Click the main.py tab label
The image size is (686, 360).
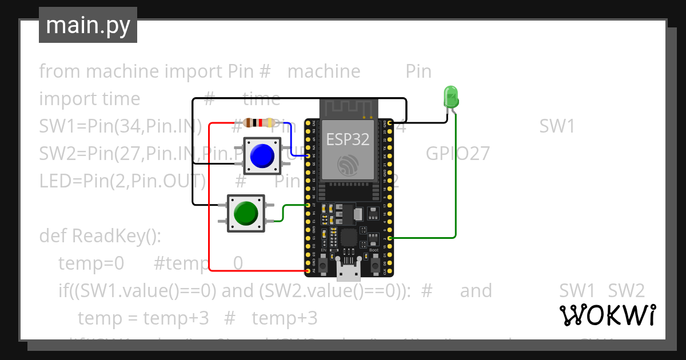(x=87, y=25)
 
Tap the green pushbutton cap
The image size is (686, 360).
(x=246, y=213)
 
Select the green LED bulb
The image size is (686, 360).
(x=450, y=95)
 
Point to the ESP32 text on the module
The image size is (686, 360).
(x=348, y=139)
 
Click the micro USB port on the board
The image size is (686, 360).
(x=349, y=271)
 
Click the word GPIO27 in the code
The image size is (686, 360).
(x=457, y=154)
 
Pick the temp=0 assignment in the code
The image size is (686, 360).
(x=91, y=263)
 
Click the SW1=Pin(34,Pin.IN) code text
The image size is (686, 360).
(x=120, y=126)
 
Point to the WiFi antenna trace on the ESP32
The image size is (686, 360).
(x=348, y=108)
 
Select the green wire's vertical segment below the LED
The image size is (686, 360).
(x=456, y=177)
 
